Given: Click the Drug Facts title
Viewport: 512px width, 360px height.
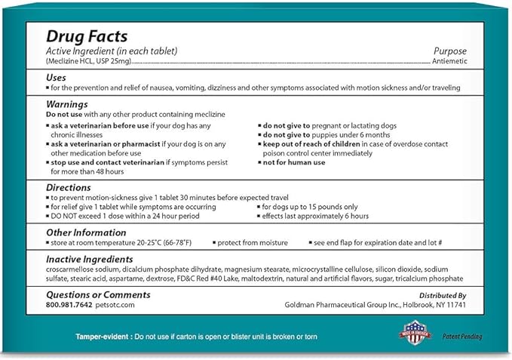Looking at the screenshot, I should point(87,36).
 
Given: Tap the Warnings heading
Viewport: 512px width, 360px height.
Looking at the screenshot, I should point(67,104).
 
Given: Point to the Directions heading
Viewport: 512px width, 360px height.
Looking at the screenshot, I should point(69,187).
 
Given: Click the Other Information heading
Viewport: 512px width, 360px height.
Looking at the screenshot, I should point(87,232).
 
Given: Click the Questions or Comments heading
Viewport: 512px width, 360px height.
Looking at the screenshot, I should point(98,295).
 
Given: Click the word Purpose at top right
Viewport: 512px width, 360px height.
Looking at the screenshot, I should point(450,51).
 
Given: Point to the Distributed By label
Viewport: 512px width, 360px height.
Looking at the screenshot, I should point(441,296).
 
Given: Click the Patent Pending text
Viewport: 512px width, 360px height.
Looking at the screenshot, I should point(462,337).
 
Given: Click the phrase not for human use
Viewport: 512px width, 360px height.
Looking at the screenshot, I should point(293,162).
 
